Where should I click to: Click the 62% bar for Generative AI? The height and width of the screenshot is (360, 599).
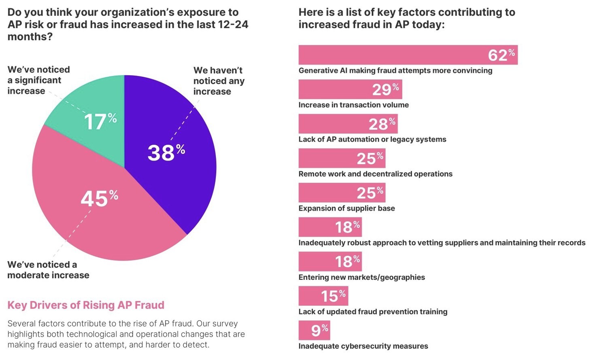408,55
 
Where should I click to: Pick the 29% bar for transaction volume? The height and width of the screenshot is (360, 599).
350,89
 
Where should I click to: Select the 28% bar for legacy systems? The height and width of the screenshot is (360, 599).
348,124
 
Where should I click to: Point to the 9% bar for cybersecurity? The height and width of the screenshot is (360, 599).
314,330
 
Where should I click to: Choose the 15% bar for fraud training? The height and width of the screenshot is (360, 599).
323,296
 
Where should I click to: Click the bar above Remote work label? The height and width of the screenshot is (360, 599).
342,158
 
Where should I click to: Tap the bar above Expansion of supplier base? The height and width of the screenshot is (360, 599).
342,193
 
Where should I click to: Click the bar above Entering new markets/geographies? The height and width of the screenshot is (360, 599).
330,261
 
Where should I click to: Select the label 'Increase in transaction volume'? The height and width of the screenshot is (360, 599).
353,105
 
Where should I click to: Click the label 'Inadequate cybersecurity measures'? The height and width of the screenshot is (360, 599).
363,346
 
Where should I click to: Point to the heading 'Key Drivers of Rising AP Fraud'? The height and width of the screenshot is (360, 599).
86,305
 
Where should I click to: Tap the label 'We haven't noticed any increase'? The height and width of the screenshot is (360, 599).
219,81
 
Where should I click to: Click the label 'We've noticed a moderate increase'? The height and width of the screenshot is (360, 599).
48,270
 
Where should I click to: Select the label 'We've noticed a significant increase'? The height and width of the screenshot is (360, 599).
38,80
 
